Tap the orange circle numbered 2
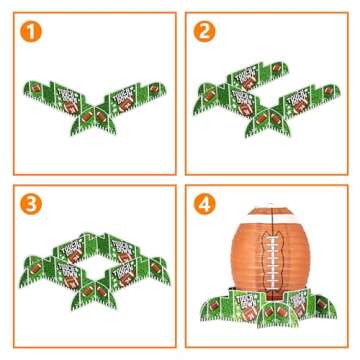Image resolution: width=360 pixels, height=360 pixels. coord(206,33)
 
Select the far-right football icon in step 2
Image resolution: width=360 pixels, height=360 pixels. coord(330,93)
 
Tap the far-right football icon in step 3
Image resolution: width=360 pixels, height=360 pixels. coord(156,271)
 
